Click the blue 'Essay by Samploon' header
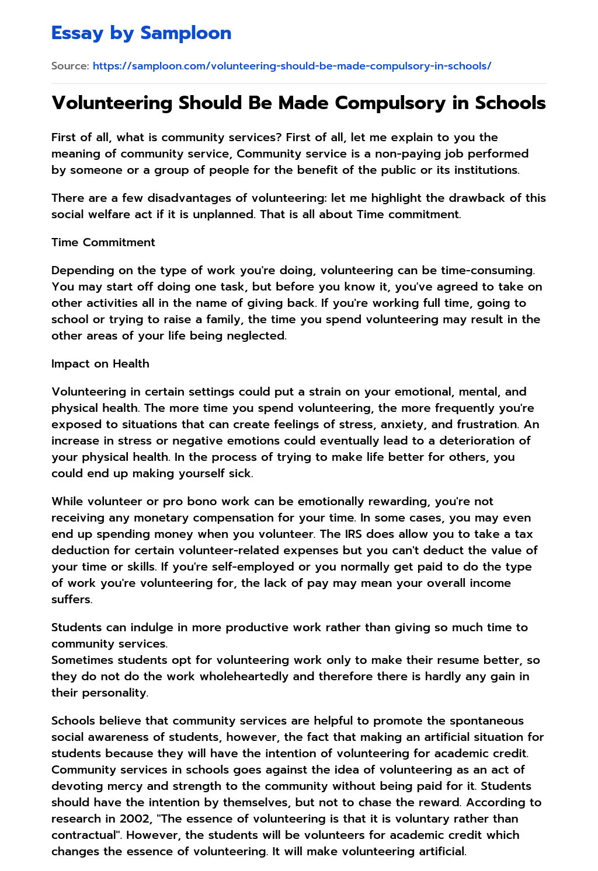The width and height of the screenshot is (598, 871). tap(141, 33)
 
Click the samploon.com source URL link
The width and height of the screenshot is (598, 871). tap(292, 66)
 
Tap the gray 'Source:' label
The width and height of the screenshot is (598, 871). tap(70, 66)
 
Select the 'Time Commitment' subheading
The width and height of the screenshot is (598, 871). tap(103, 242)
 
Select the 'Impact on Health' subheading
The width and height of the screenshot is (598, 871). tap(100, 363)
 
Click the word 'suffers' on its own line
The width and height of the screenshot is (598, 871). tap(71, 599)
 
